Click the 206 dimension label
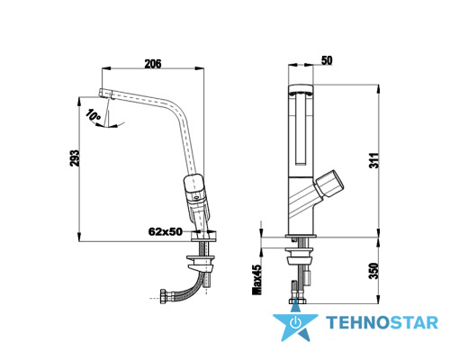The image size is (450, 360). [153, 64]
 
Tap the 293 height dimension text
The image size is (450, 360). [74, 158]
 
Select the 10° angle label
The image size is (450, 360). [93, 117]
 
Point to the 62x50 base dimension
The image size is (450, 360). [166, 231]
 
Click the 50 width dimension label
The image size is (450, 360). [327, 60]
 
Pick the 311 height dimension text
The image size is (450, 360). [373, 160]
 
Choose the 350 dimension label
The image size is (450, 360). [373, 271]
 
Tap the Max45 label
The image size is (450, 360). [257, 280]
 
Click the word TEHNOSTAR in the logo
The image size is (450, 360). [382, 323]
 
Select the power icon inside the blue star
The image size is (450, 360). [296, 322]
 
